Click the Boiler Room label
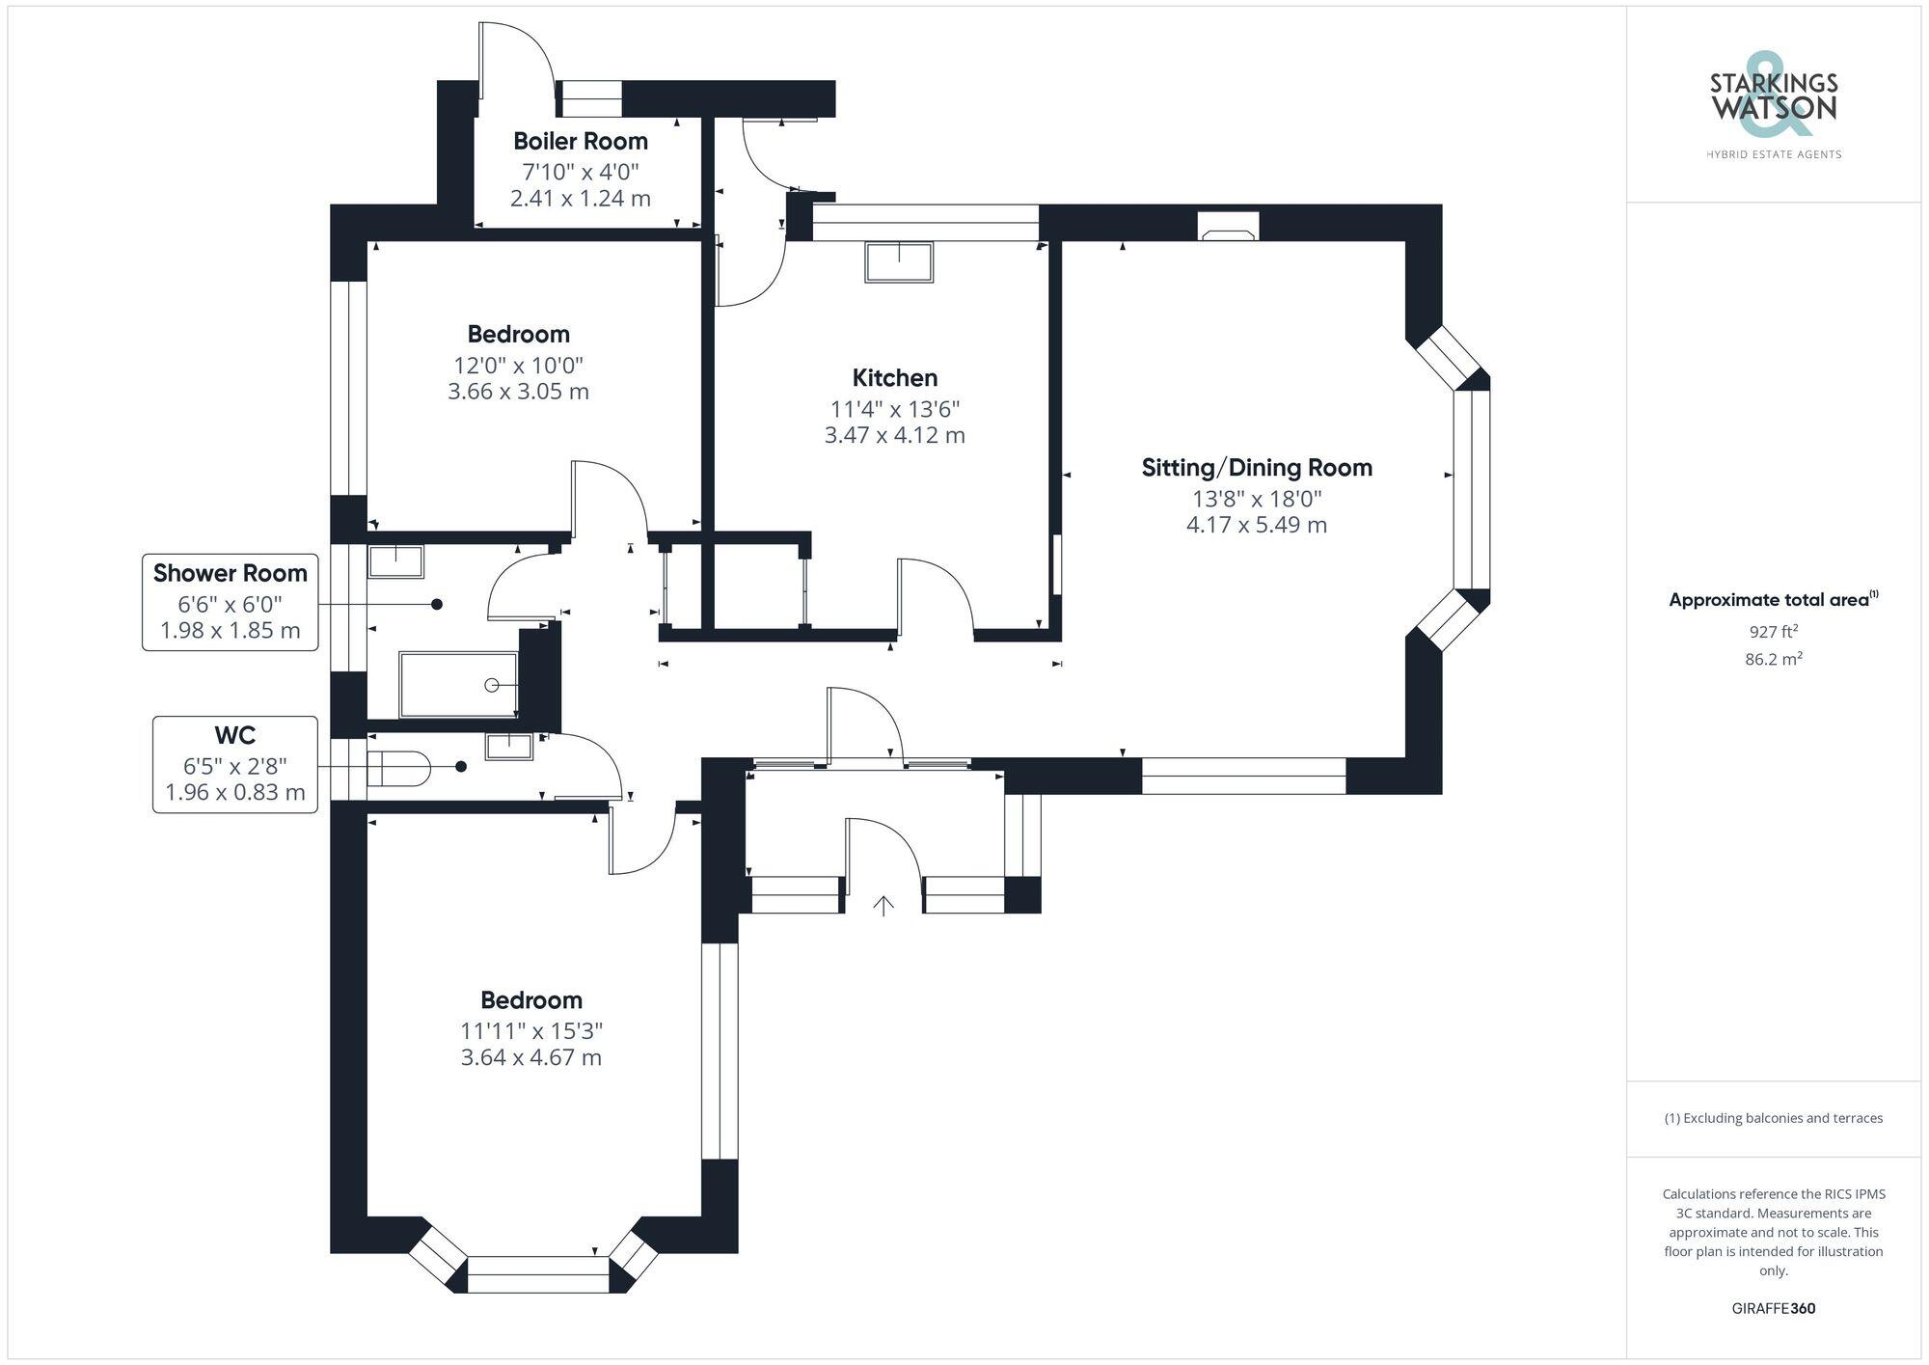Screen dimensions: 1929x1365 [x=580, y=141]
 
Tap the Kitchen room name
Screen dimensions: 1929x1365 [x=894, y=377]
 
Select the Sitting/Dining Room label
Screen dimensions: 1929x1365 [x=1256, y=468]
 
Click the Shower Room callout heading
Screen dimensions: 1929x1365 [x=230, y=573]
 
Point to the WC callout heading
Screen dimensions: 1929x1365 [x=234, y=736]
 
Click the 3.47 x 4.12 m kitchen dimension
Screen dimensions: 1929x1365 [x=894, y=435]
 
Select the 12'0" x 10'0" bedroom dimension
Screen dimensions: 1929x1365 [x=518, y=366]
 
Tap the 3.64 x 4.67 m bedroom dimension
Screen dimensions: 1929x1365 [x=530, y=1057]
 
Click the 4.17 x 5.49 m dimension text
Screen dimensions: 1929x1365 [x=1256, y=525]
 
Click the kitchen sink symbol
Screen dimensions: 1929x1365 [x=899, y=261]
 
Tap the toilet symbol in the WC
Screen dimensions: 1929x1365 [x=398, y=769]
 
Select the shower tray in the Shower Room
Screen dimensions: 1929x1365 [x=459, y=685]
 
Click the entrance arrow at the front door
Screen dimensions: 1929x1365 [x=883, y=905]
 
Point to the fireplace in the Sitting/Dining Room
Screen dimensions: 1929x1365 [x=1228, y=227]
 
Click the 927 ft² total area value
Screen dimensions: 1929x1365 [x=1773, y=632]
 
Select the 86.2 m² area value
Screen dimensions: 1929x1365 [x=1773, y=660]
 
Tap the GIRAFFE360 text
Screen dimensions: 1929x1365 [x=1773, y=1309]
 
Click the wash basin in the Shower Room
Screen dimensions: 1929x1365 [x=395, y=561]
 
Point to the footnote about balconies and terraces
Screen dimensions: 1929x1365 [x=1773, y=1118]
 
